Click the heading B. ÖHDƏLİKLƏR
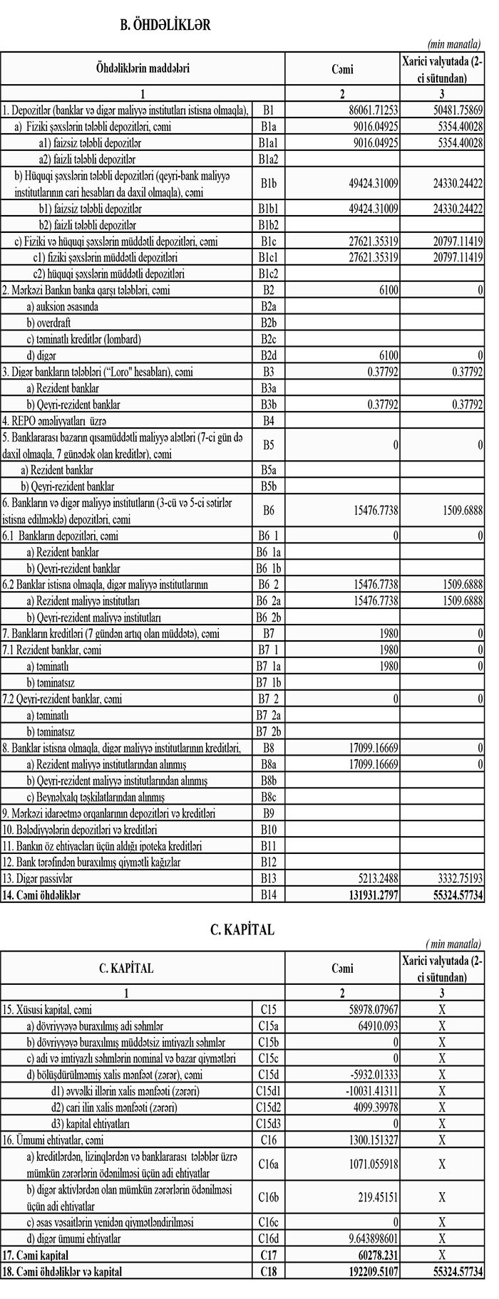165,25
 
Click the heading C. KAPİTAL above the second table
242,929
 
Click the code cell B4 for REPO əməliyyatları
268,420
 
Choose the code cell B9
268,813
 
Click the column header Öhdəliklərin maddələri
143,68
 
